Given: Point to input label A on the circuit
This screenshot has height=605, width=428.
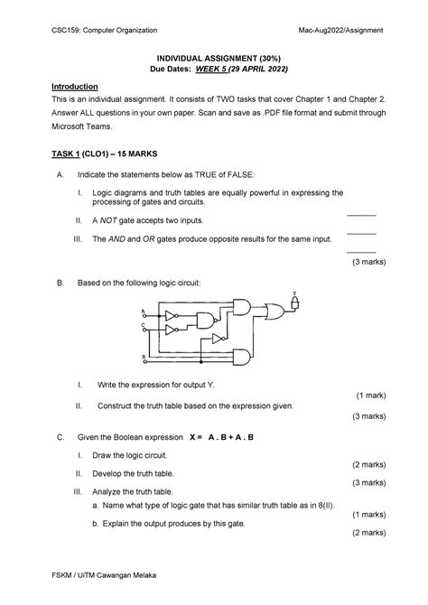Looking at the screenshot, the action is coord(143,312).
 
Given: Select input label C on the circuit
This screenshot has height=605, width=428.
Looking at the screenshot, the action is coord(143,325).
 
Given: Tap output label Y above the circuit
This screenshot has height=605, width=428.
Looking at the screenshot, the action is coord(293,293).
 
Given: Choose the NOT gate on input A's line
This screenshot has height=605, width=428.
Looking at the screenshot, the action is coord(172,316).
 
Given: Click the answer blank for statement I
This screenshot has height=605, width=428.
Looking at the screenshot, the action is coord(361,215).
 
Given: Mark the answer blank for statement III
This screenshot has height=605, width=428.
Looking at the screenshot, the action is coord(361,252).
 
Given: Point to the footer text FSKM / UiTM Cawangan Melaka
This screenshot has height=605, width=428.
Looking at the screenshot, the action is coord(100,574).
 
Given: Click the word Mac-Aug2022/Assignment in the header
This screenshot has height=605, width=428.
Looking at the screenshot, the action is coord(333,30).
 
